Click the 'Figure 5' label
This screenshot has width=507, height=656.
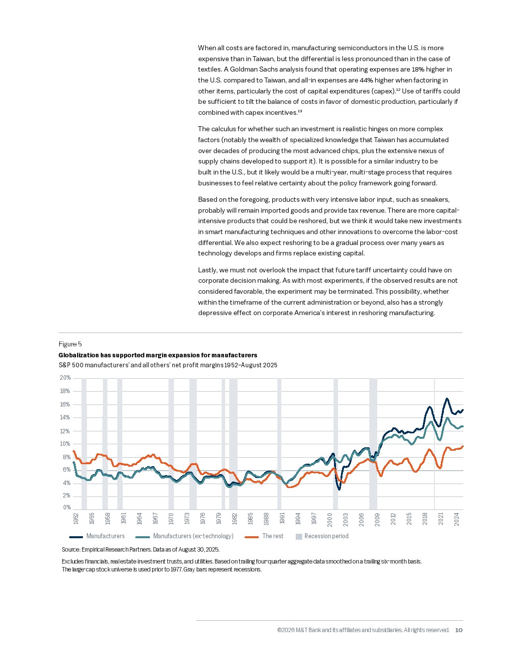tap(70, 344)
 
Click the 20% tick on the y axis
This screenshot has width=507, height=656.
tap(65, 378)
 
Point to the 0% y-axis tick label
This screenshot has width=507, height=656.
tap(67, 507)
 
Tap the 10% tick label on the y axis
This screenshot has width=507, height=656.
tap(65, 444)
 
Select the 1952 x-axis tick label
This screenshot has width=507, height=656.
tap(76, 518)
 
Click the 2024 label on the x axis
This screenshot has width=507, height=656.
tap(456, 519)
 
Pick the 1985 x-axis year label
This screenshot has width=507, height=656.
tap(251, 518)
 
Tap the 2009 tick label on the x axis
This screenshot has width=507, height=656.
tap(377, 519)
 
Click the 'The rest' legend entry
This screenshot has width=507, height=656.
tap(272, 536)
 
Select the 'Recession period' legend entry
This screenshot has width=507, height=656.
tap(326, 536)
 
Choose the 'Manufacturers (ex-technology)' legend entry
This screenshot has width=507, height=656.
tap(193, 536)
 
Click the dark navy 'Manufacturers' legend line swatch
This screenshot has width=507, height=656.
tap(76, 537)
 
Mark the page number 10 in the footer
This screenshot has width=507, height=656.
tap(459, 630)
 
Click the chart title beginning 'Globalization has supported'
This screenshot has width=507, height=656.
tap(158, 355)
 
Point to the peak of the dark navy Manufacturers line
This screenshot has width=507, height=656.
tap(447, 399)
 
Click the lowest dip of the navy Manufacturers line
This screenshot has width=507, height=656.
tap(339, 489)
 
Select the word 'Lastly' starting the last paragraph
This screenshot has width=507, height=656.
tap(207, 270)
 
